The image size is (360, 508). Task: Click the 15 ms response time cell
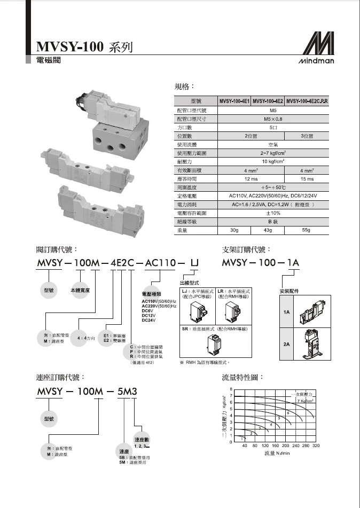[x=307, y=178]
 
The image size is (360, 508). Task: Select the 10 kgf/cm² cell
[x=272, y=161]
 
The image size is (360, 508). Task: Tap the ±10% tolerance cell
[x=272, y=213]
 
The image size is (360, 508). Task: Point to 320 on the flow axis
[x=315, y=445]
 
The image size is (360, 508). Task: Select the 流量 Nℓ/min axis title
[x=277, y=453]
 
